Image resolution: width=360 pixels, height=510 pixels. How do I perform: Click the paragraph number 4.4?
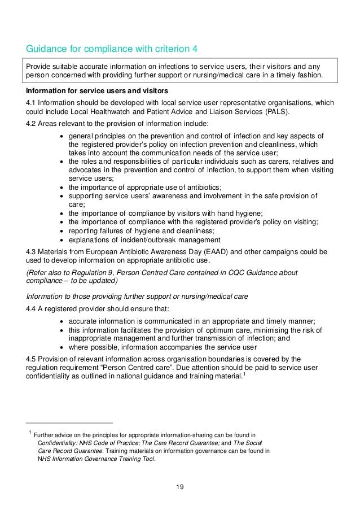33,308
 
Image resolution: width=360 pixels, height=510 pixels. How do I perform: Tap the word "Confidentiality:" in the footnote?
60,443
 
